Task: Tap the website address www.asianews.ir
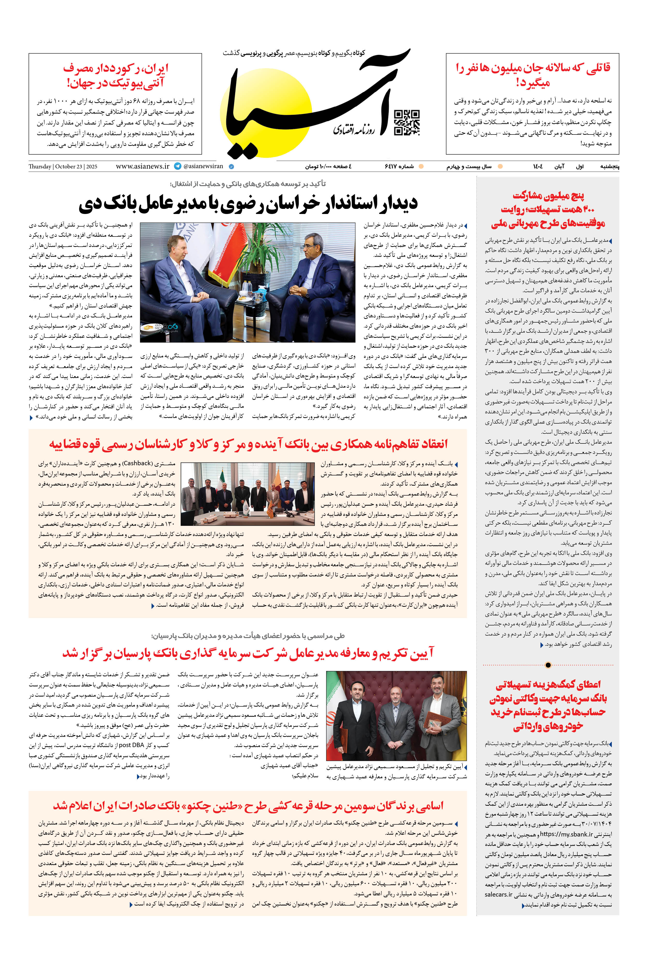click(142, 166)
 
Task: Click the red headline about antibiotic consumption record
click(116, 75)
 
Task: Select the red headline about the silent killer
click(532, 75)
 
